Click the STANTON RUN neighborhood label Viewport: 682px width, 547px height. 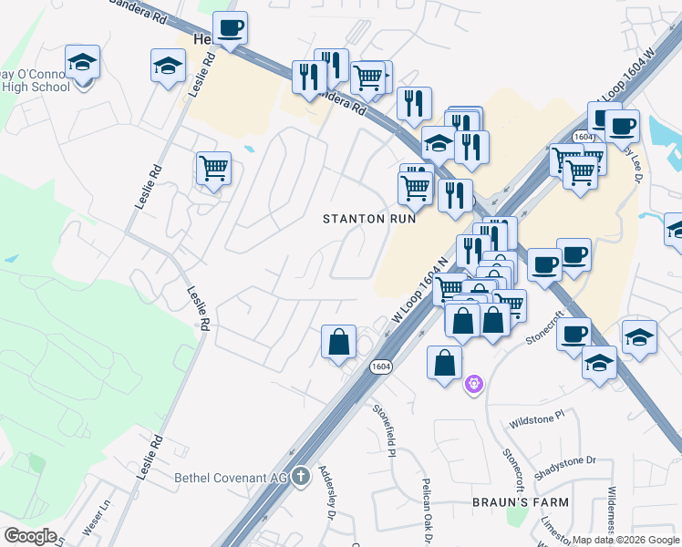pos(370,219)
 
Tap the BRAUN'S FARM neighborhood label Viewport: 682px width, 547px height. pos(520,502)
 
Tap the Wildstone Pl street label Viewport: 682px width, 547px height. pos(538,423)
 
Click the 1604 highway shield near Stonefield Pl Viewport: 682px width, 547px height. pos(382,366)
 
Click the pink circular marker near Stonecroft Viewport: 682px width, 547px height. pos(472,385)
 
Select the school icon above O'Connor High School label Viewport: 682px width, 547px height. pos(83,63)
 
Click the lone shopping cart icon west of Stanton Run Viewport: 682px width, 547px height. pos(213,168)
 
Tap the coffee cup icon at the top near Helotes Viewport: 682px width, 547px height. pos(230,27)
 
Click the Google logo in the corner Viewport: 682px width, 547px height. pos(30,536)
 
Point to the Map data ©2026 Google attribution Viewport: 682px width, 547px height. pos(625,540)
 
